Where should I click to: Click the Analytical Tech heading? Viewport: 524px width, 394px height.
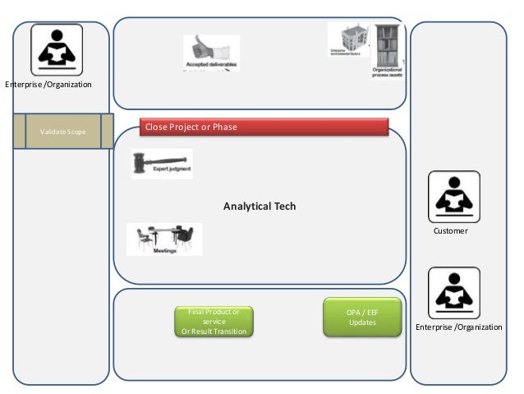tap(260, 206)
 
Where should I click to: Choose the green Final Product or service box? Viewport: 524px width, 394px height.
tap(214, 321)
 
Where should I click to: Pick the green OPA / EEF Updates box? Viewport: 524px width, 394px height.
tap(362, 317)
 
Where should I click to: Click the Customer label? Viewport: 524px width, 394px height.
tap(450, 232)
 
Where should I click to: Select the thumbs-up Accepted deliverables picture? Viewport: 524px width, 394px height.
tap(210, 51)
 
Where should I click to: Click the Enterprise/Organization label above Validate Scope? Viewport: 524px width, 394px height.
tap(48, 85)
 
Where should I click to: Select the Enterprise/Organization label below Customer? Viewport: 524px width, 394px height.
tap(458, 327)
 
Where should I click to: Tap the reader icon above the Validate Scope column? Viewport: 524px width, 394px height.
tap(57, 49)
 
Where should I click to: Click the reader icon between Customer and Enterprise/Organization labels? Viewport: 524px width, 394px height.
tap(453, 293)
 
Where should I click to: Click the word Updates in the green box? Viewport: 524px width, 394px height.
tap(362, 322)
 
